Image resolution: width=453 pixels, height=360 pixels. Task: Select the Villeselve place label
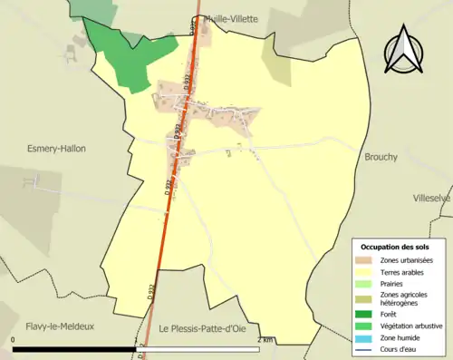pyautogui.click(x=432, y=198)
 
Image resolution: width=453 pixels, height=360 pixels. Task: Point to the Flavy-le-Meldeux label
pyautogui.click(x=59, y=326)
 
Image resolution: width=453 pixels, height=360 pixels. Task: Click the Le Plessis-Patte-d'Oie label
pyautogui.click(x=207, y=327)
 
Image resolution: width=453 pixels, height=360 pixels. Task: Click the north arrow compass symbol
pyautogui.click(x=406, y=51)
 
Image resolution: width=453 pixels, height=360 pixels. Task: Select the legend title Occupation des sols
pyautogui.click(x=401, y=247)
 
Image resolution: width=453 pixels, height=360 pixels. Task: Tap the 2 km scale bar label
pyautogui.click(x=265, y=339)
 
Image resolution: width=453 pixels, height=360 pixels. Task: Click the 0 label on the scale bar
pyautogui.click(x=14, y=339)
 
